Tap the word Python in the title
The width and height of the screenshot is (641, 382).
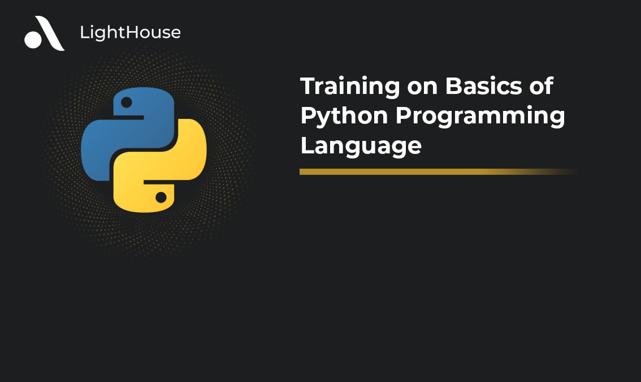pyautogui.click(x=344, y=117)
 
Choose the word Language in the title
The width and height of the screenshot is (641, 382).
pyautogui.click(x=361, y=146)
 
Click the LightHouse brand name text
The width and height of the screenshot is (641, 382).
pyautogui.click(x=130, y=33)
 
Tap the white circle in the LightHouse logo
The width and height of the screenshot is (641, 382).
pyautogui.click(x=33, y=39)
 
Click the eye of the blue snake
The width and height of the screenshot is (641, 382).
pyautogui.click(x=127, y=102)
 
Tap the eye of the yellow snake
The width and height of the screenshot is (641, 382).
pyautogui.click(x=161, y=197)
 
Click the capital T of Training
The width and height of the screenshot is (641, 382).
pyautogui.click(x=308, y=86)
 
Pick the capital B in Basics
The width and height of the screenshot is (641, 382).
pyautogui.click(x=453, y=86)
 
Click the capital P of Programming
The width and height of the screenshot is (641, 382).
pyautogui.click(x=402, y=116)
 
